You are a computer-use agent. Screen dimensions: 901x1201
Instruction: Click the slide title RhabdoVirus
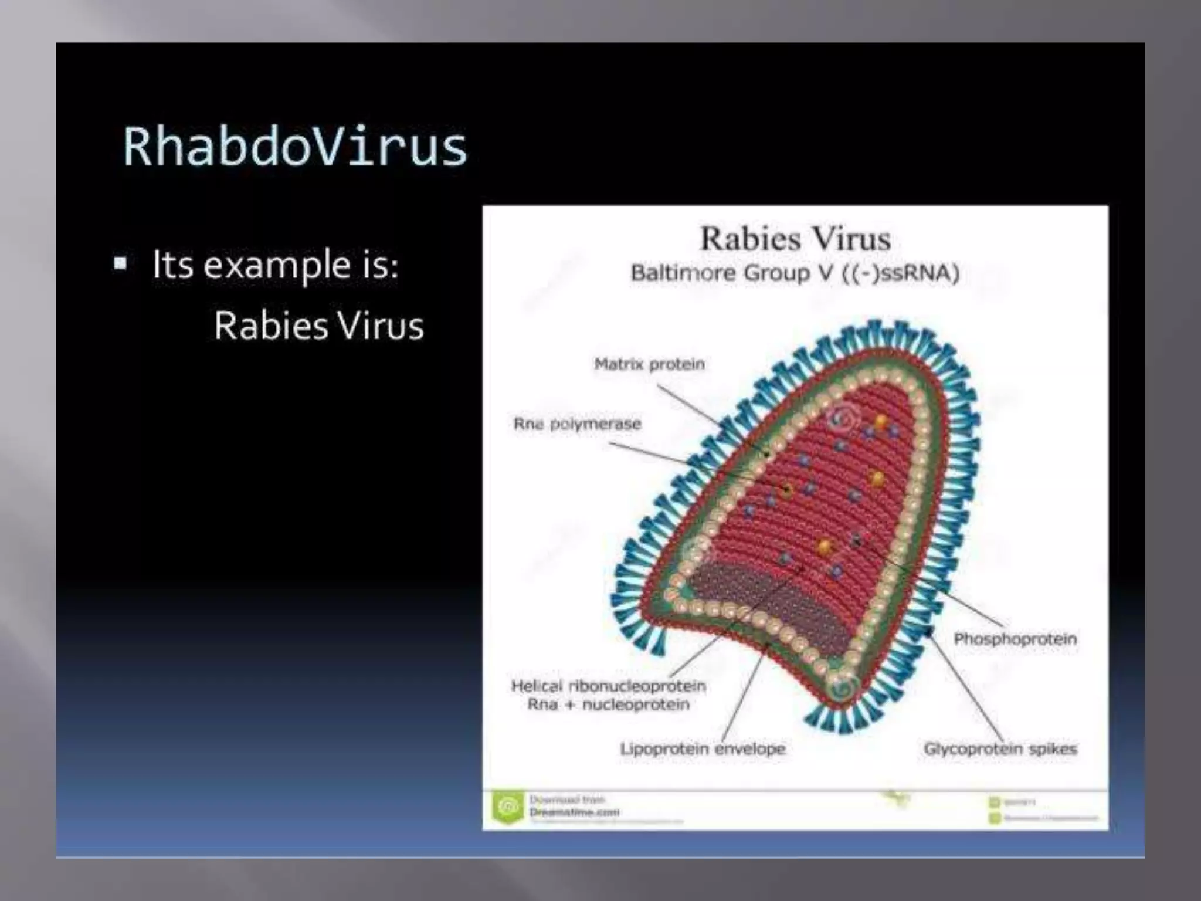(295, 147)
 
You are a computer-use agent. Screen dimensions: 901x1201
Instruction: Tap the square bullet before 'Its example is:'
(121, 263)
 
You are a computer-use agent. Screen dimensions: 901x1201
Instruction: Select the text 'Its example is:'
(276, 265)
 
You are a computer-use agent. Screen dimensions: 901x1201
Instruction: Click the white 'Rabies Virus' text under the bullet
(318, 326)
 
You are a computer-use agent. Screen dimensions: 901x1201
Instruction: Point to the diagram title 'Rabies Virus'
(796, 239)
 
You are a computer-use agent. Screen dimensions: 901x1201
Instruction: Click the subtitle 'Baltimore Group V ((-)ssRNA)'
(795, 273)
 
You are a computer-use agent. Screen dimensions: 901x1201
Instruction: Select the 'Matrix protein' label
(649, 364)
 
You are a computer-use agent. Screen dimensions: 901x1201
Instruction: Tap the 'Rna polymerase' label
(577, 424)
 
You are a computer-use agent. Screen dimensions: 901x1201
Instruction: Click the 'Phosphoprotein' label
(1015, 639)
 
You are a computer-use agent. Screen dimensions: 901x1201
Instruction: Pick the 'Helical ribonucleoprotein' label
(608, 686)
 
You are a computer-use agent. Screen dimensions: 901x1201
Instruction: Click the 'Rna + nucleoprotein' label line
(608, 704)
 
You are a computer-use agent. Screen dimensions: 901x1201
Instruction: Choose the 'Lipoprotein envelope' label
(703, 749)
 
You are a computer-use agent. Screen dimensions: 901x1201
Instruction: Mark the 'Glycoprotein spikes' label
(1000, 749)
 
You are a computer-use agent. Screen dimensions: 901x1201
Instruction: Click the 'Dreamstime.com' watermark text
(574, 812)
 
